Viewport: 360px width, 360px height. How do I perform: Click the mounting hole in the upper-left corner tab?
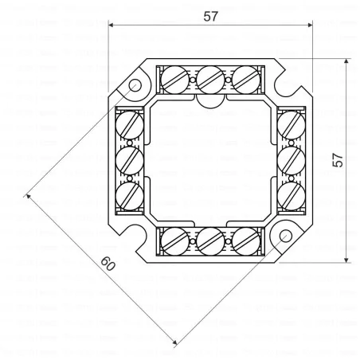point(135,85)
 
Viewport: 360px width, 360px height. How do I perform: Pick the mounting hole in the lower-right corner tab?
point(284,236)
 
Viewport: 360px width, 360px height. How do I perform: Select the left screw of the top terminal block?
point(175,77)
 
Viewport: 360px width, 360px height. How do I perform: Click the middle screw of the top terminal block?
point(209,77)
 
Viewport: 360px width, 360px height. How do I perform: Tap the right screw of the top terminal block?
point(246,77)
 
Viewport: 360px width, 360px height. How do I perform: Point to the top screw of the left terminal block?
point(129,124)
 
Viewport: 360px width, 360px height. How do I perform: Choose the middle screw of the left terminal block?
point(129,160)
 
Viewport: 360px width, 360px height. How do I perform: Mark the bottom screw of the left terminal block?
point(129,195)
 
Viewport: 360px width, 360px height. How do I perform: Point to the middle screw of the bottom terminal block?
point(210,240)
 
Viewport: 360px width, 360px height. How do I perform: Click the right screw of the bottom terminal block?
point(246,240)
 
